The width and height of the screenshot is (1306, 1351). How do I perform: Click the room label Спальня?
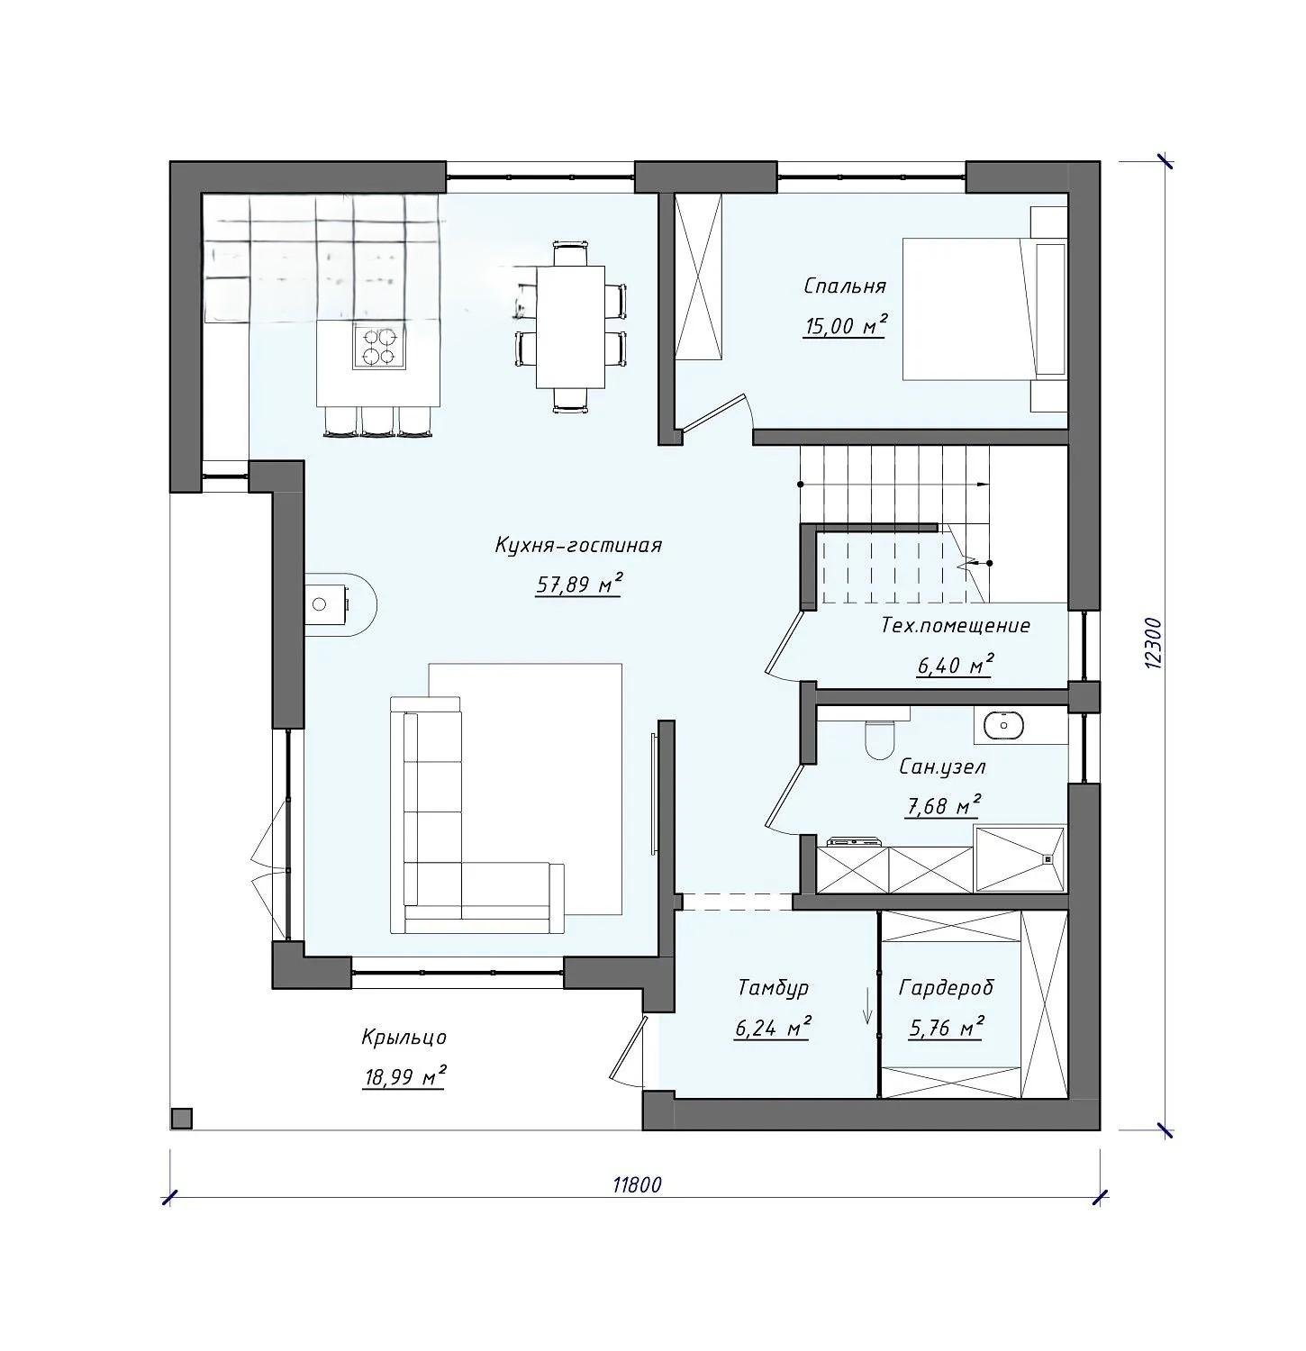(844, 286)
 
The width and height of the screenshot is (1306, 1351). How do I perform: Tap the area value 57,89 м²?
(580, 585)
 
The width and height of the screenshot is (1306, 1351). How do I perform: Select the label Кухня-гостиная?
(578, 546)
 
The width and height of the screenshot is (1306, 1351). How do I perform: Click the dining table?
(570, 326)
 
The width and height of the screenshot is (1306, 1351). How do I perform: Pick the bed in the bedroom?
(984, 309)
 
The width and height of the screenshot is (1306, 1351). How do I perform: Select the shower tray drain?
(1048, 858)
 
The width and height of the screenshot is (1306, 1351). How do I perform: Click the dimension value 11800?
(637, 1184)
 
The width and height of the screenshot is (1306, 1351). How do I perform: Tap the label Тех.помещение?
(955, 626)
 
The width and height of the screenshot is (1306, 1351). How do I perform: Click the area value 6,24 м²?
(772, 1027)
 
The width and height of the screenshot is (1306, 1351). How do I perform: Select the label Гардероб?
(946, 988)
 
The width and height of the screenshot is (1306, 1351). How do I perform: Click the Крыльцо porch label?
(404, 1038)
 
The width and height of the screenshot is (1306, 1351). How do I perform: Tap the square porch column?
(182, 1118)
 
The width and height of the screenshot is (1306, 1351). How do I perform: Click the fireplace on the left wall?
(338, 603)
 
